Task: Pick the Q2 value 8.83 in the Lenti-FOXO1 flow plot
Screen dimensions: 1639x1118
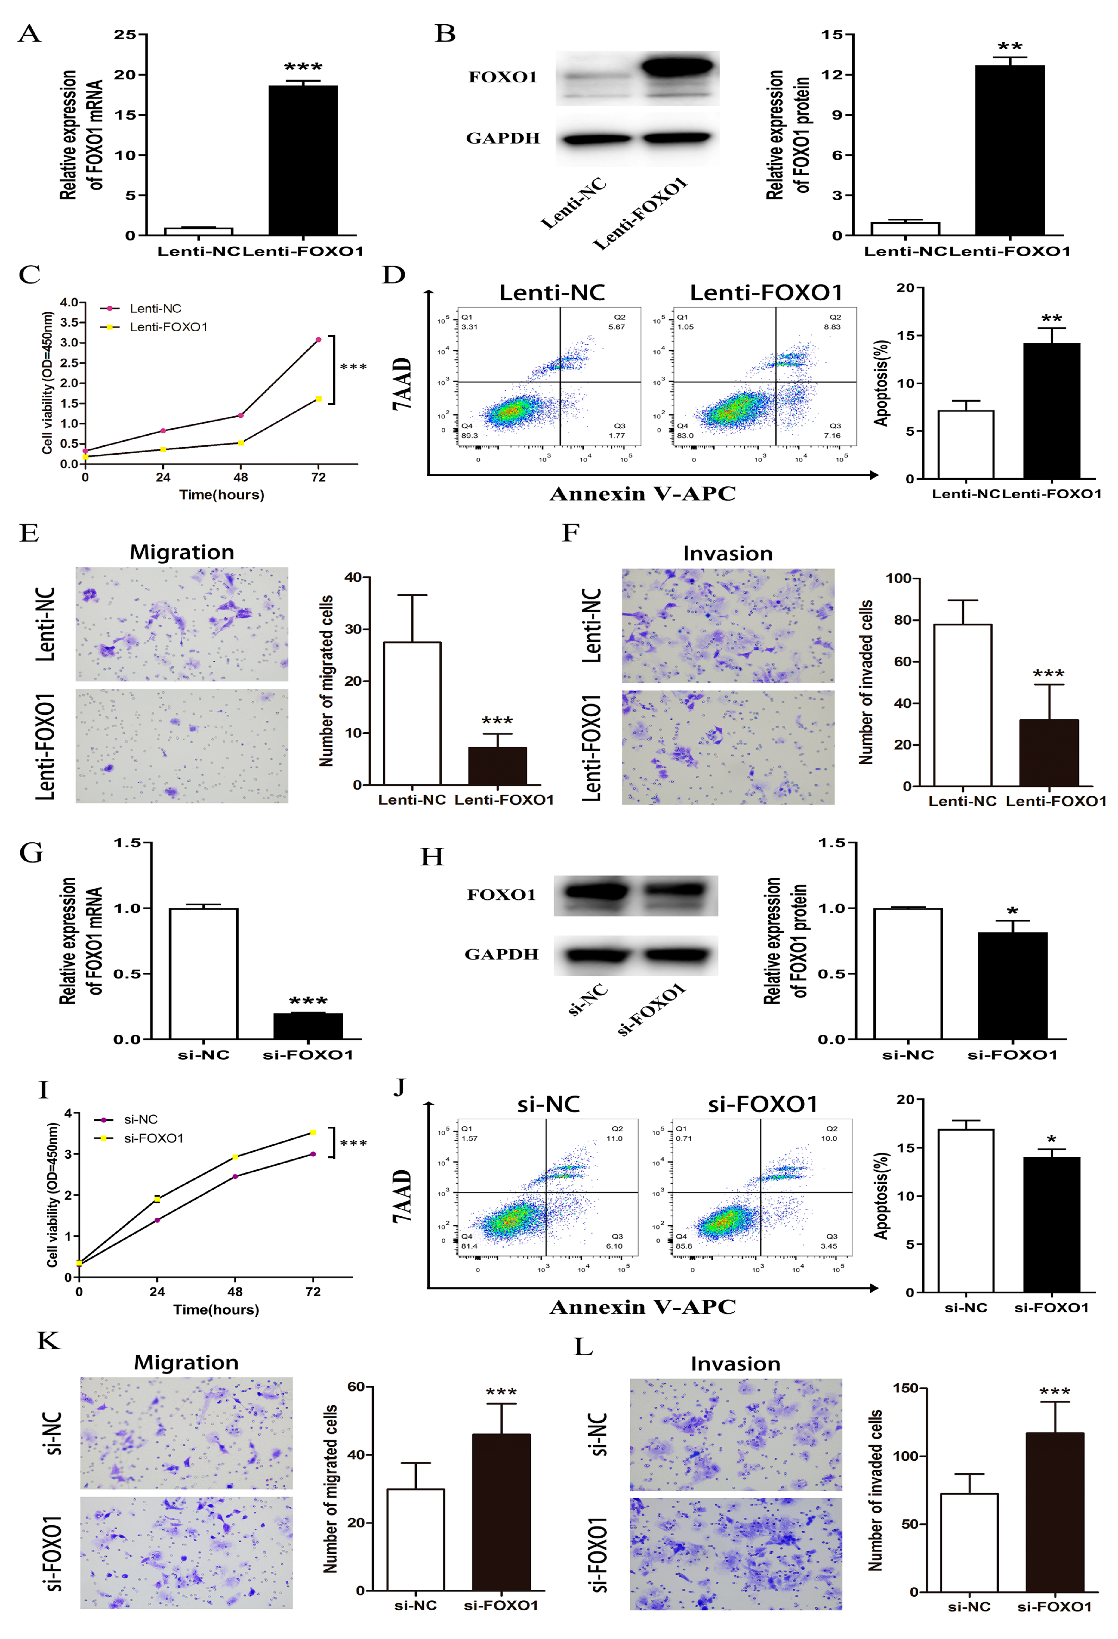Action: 832,327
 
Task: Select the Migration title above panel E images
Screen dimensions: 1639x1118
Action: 182,552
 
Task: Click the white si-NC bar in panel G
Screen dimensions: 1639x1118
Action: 204,973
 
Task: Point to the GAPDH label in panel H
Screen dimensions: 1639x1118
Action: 501,954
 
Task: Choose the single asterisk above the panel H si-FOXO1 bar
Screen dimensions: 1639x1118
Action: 1012,911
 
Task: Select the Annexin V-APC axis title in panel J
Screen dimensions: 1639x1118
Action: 642,1307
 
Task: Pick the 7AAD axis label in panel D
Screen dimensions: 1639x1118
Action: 402,384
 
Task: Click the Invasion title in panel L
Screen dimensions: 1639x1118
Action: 735,1364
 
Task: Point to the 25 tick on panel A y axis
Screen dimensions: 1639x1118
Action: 125,35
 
